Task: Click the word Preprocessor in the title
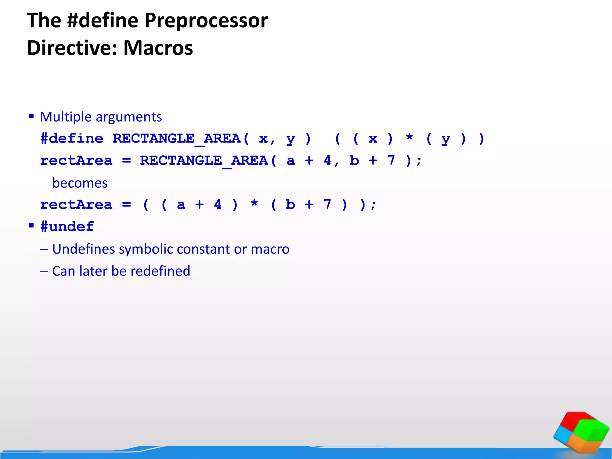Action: pyautogui.click(x=206, y=21)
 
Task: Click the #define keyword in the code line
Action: pyautogui.click(x=72, y=139)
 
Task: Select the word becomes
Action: pyautogui.click(x=80, y=183)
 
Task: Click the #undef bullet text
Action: pyautogui.click(x=67, y=227)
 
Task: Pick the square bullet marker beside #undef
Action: pyautogui.click(x=31, y=225)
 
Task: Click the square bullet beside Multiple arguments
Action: pyautogui.click(x=31, y=116)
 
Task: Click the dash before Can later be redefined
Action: pyautogui.click(x=44, y=271)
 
